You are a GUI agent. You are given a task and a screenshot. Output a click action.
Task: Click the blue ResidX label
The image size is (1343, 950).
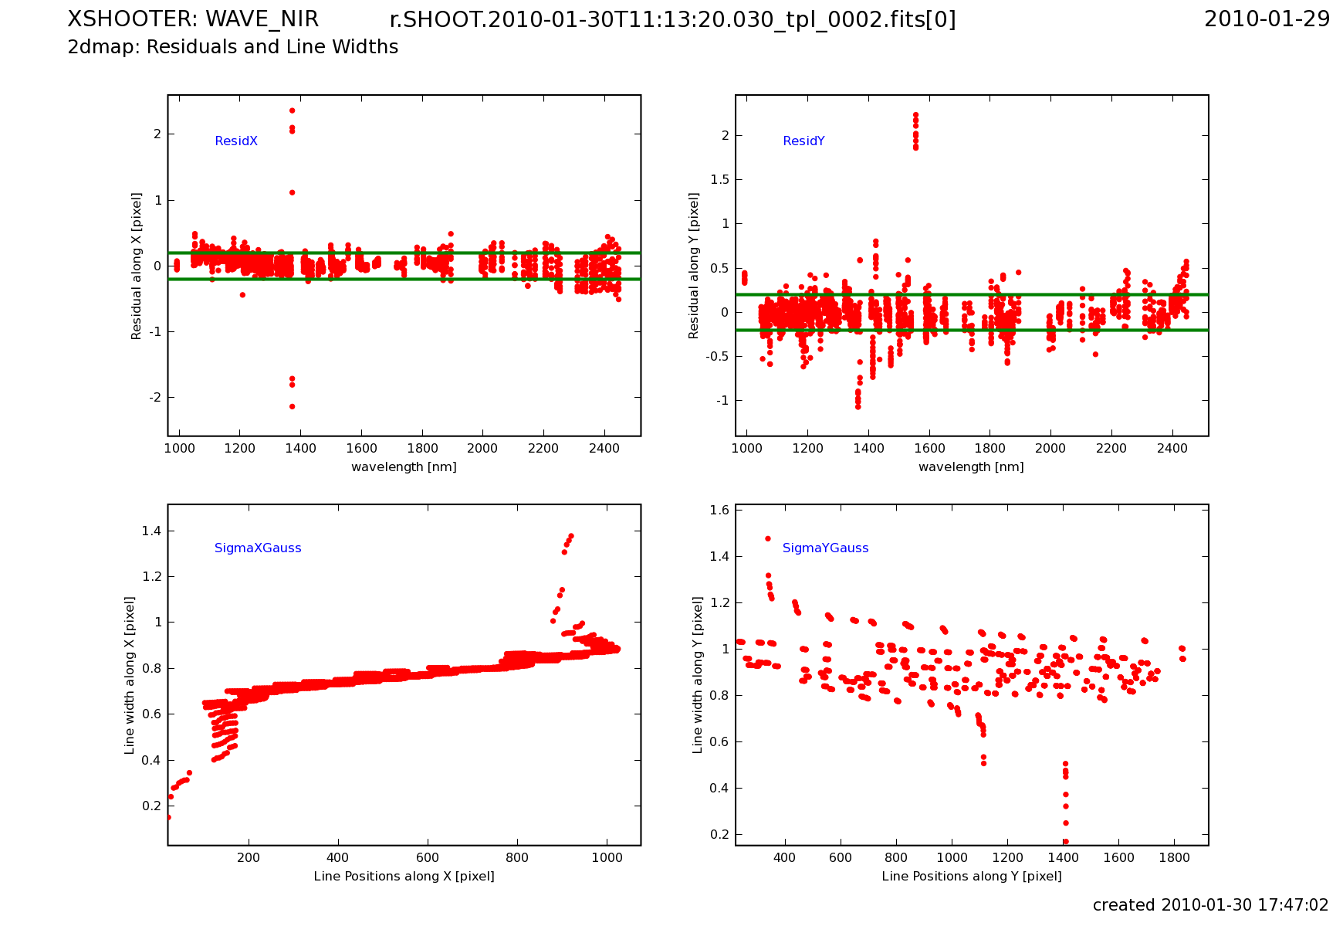236,141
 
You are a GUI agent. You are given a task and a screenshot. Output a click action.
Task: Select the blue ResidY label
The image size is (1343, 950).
803,141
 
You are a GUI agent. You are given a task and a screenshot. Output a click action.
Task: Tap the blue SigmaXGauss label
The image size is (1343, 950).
258,548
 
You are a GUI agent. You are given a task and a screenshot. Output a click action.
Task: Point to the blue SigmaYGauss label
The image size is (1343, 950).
825,548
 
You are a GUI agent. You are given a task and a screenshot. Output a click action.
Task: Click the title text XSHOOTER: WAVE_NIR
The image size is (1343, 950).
193,19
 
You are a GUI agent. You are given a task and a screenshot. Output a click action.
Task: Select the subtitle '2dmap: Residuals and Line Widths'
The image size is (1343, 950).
233,47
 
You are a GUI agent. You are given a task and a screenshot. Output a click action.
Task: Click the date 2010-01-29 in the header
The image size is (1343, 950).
1267,19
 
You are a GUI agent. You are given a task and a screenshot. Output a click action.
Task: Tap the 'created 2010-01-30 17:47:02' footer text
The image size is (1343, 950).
1210,905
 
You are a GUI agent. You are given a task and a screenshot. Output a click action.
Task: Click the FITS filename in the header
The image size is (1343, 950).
672,20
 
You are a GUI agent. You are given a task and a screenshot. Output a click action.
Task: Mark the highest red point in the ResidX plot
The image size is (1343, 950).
292,110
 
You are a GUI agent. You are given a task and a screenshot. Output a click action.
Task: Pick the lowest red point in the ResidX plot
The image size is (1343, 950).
292,406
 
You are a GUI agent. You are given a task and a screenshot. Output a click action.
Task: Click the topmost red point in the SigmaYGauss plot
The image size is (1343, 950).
768,538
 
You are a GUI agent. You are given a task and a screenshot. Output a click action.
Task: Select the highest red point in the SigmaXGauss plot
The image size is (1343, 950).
571,535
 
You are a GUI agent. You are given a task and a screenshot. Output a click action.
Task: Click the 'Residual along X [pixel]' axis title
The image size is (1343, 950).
137,266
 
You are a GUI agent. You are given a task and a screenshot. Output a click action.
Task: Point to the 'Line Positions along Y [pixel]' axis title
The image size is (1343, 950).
971,876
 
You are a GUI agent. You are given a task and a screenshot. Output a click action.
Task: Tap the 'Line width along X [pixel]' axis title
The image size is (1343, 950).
130,675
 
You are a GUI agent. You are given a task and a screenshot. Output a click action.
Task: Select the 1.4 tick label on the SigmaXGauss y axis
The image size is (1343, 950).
151,531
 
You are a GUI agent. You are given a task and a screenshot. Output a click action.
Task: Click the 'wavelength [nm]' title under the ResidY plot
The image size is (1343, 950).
971,467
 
